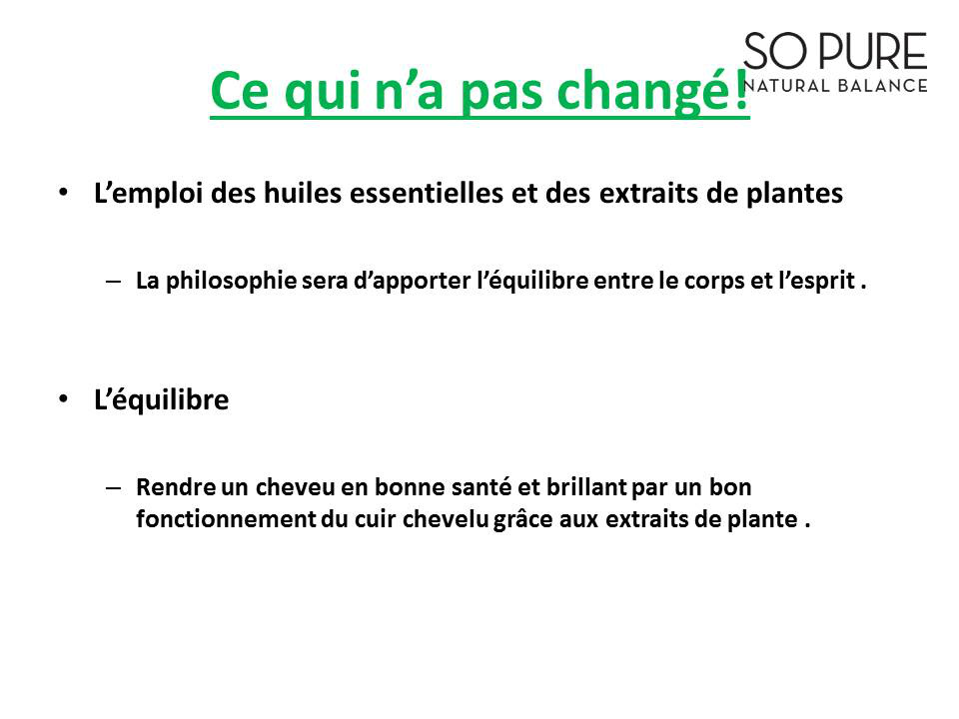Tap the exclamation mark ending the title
[741, 89]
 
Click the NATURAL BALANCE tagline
[835, 86]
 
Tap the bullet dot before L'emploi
[64, 193]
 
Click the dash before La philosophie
[113, 282]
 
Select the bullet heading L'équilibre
[162, 400]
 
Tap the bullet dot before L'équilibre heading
[64, 399]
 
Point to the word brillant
[586, 487]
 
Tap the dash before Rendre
[113, 488]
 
